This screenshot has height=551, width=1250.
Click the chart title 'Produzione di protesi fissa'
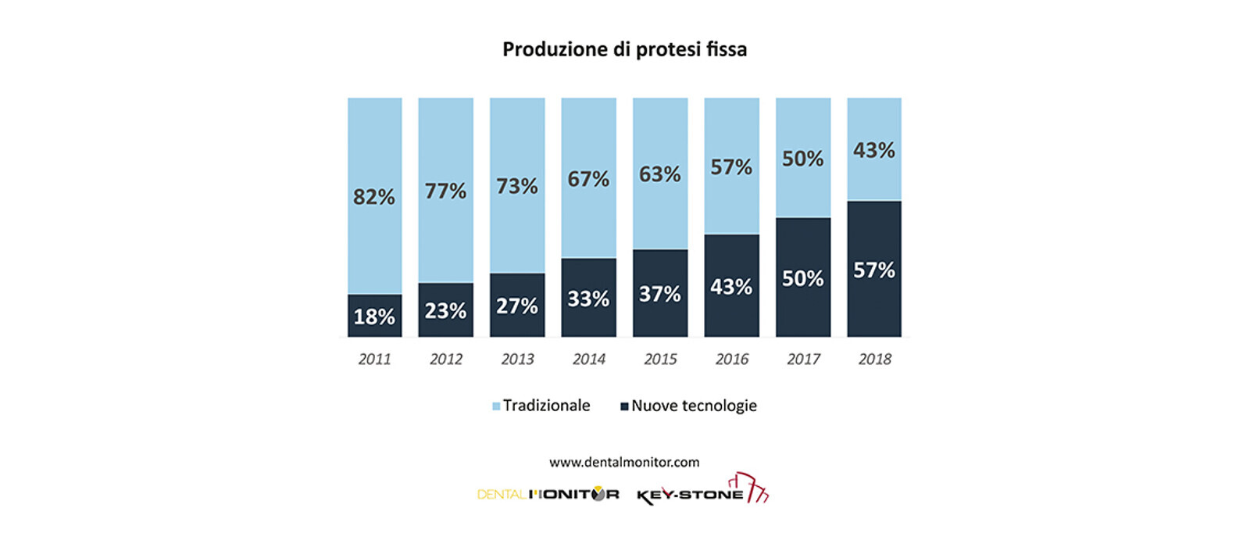click(x=624, y=50)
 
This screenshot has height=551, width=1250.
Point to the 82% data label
click(x=374, y=197)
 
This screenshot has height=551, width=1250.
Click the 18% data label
click(x=374, y=317)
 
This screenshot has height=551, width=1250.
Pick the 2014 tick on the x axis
click(x=589, y=359)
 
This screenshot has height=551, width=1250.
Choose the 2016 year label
click(x=732, y=359)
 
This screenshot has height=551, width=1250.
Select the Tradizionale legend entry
click(x=541, y=406)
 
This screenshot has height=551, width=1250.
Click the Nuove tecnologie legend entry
click(x=688, y=406)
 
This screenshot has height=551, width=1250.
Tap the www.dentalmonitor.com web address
click(x=624, y=462)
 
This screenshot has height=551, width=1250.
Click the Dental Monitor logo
click(x=548, y=494)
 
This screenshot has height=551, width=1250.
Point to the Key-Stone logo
click(x=702, y=491)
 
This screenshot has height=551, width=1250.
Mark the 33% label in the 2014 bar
click(x=588, y=299)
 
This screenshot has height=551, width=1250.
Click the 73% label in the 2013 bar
click(x=517, y=186)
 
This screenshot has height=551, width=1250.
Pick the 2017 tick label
click(x=803, y=359)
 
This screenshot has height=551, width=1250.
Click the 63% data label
click(x=660, y=174)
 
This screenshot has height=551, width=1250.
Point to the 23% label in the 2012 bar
click(x=445, y=311)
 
